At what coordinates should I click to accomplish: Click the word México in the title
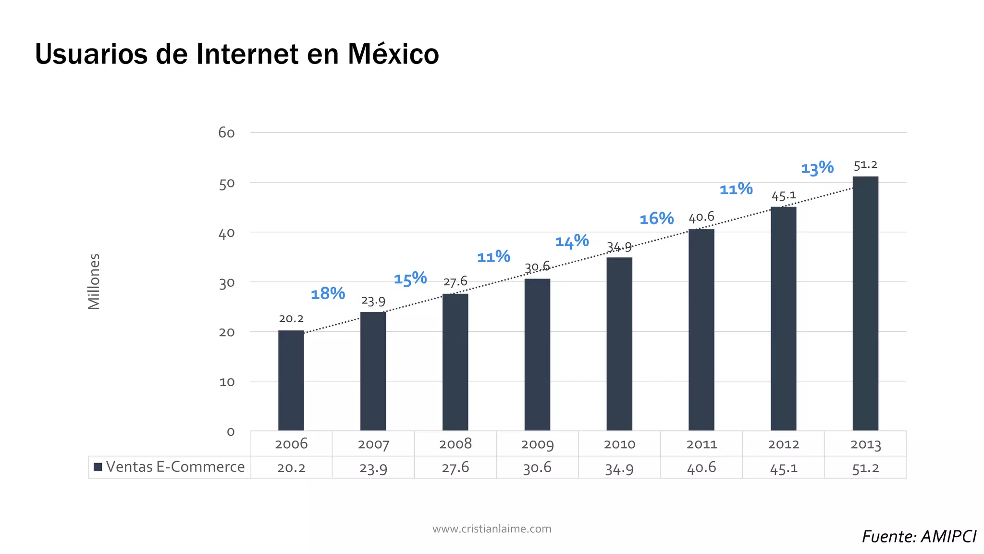pyautogui.click(x=393, y=54)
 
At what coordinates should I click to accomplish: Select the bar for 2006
pyautogui.click(x=291, y=380)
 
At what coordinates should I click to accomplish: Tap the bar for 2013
pyautogui.click(x=865, y=303)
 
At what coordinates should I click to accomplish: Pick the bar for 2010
pyautogui.click(x=619, y=344)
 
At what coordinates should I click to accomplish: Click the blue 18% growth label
pyautogui.click(x=328, y=293)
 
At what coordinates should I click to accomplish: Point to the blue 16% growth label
pyautogui.click(x=656, y=219)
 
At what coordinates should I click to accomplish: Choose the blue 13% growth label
pyautogui.click(x=817, y=168)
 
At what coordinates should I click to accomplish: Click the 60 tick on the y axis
pyautogui.click(x=226, y=133)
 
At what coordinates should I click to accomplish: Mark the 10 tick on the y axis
pyautogui.click(x=227, y=382)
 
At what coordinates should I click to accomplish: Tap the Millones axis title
pyautogui.click(x=94, y=281)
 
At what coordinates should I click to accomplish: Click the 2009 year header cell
pyautogui.click(x=537, y=444)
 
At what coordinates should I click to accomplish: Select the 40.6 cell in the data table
pyautogui.click(x=701, y=467)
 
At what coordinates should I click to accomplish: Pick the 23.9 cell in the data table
pyautogui.click(x=373, y=467)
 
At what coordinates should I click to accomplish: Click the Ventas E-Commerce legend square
pyautogui.click(x=98, y=467)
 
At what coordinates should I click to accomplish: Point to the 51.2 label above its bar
pyautogui.click(x=865, y=165)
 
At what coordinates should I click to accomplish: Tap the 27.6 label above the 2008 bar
pyautogui.click(x=455, y=281)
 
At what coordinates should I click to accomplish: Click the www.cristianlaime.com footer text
pyautogui.click(x=492, y=529)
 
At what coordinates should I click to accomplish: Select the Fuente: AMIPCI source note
pyautogui.click(x=919, y=536)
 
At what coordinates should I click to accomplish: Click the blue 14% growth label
pyautogui.click(x=572, y=241)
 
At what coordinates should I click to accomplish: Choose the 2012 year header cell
pyautogui.click(x=783, y=444)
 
